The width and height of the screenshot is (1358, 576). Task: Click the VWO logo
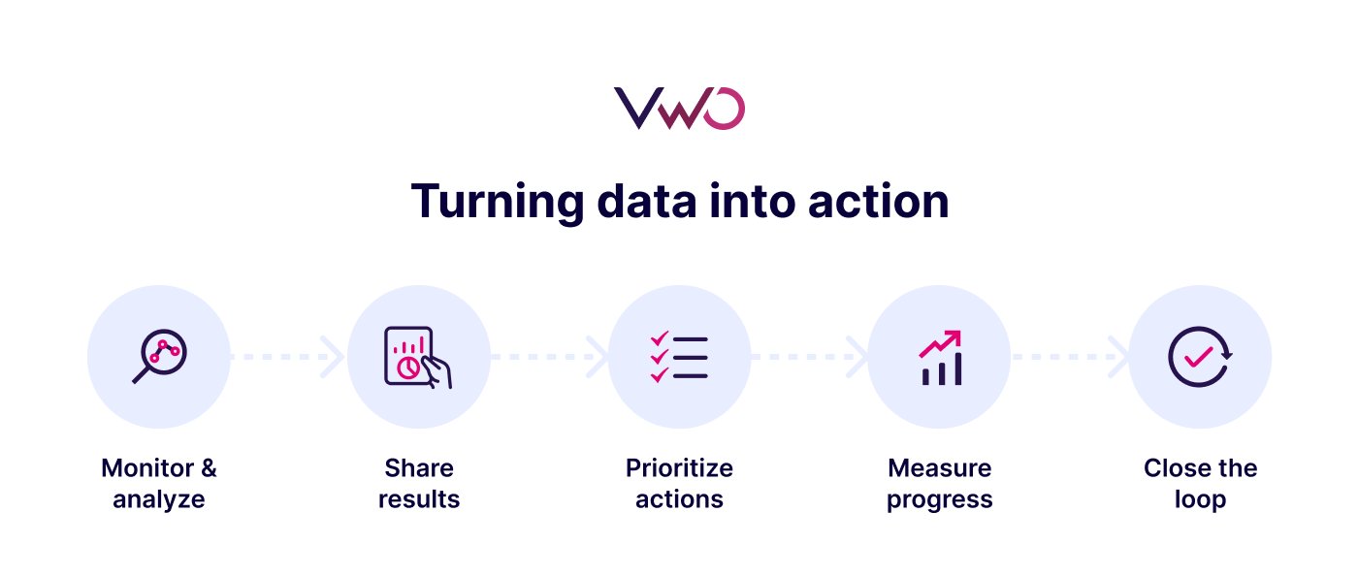[x=679, y=108]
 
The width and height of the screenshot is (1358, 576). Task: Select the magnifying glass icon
[x=159, y=357]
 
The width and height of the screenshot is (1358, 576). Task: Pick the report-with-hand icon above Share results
[x=418, y=357]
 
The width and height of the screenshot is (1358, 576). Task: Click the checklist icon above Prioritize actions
[x=679, y=357]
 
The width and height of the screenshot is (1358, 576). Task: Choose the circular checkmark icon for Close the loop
[x=1200, y=357]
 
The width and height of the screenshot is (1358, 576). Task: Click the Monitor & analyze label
[x=159, y=484]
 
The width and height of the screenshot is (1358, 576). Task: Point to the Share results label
[x=419, y=484]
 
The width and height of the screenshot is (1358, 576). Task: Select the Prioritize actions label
[x=679, y=484]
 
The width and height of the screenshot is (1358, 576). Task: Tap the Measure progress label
[x=940, y=484]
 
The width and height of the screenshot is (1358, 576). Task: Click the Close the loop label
[x=1200, y=484]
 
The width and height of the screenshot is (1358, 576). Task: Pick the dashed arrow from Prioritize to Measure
[x=809, y=357]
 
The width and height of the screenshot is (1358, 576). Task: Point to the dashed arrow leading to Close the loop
[x=1070, y=357]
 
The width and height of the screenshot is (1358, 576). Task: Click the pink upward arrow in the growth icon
[x=941, y=342]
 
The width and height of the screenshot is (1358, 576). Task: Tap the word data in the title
[x=645, y=202]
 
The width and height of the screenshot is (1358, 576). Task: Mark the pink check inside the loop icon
[x=1199, y=356]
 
